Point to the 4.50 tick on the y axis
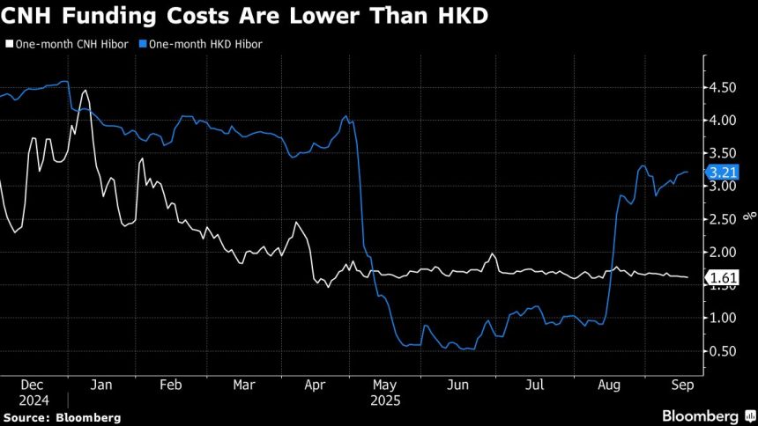coord(725,87)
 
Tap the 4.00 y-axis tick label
coord(725,121)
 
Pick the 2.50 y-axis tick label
coord(725,219)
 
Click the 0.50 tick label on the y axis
coord(725,351)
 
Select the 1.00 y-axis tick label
coord(725,318)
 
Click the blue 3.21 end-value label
coord(725,173)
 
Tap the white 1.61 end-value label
coord(725,278)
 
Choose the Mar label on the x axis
coord(244,386)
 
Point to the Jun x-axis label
coord(458,386)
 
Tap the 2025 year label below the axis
coord(386,400)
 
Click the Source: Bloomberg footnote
coord(61,417)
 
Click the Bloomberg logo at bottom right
coord(700,415)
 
